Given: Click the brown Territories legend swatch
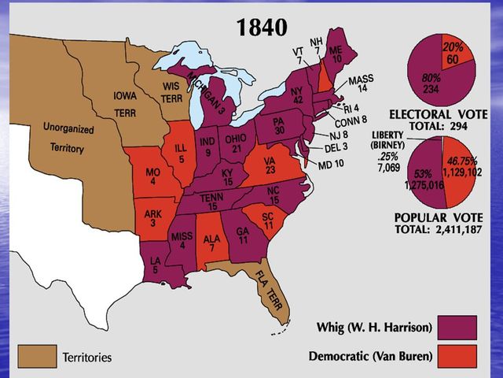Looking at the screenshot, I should (x=37, y=357).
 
